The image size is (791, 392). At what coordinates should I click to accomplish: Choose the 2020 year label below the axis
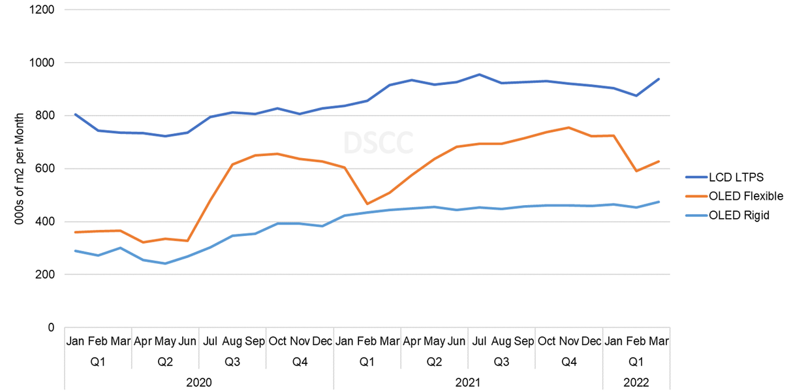[199, 382]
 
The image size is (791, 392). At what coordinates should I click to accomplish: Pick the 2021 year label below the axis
[468, 382]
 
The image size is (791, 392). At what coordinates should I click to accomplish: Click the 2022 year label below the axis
[636, 382]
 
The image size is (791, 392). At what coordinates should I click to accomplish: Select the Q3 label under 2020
[233, 361]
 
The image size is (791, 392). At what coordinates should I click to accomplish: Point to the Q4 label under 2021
[569, 361]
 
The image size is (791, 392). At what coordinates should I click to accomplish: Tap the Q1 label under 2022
[636, 361]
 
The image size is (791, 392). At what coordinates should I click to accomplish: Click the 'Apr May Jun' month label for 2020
[165, 342]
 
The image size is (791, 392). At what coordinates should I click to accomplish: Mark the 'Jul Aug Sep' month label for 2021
[501, 342]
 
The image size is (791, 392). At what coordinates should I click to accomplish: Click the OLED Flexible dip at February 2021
[367, 204]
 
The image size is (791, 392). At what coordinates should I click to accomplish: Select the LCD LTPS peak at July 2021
[480, 74]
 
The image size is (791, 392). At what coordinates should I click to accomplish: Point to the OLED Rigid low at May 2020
[165, 263]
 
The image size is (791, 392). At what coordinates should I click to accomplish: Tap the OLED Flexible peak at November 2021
[569, 127]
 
